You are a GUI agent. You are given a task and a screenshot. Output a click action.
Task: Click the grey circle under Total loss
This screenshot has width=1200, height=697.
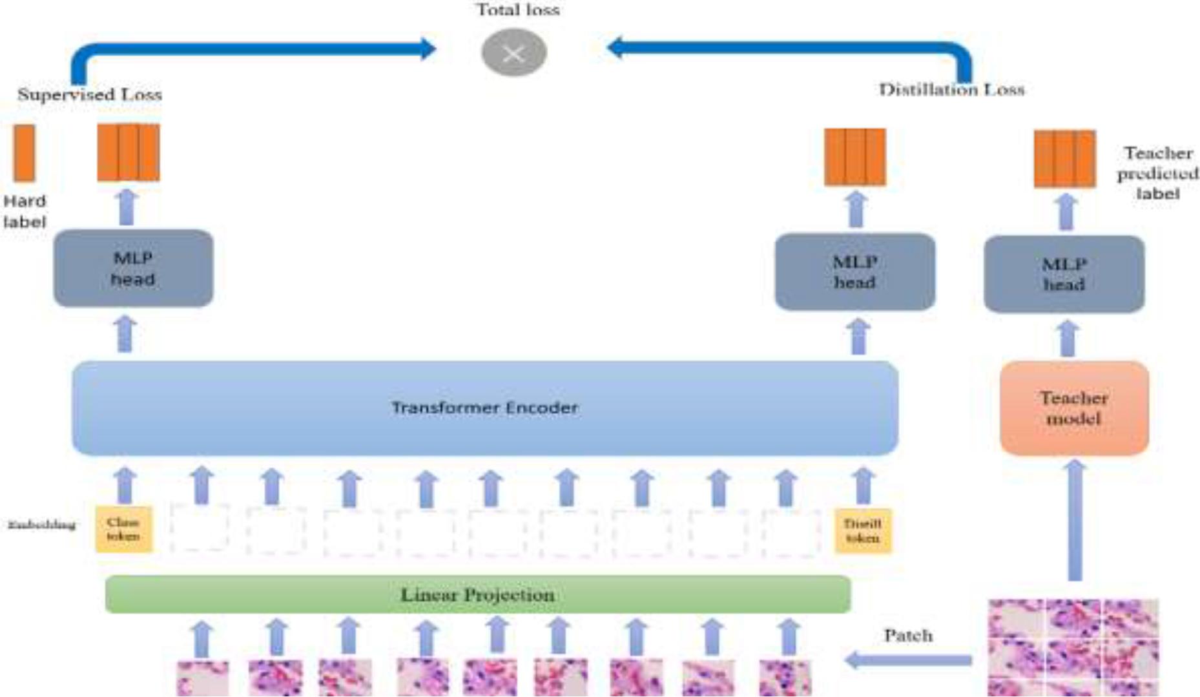pyautogui.click(x=514, y=53)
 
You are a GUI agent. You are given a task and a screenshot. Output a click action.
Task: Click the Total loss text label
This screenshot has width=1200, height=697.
pyautogui.click(x=517, y=10)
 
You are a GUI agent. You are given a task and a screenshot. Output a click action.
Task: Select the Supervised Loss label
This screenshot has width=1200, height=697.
pyautogui.click(x=90, y=94)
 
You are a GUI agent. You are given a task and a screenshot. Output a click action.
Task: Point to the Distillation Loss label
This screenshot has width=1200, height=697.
pyautogui.click(x=951, y=90)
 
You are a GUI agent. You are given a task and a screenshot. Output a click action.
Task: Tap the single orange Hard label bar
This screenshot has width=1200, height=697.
pyautogui.click(x=25, y=153)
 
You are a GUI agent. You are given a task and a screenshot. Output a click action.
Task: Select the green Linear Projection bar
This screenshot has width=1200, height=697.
pyautogui.click(x=477, y=594)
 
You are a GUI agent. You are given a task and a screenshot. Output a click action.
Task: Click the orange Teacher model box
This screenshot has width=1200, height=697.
pyautogui.click(x=1073, y=408)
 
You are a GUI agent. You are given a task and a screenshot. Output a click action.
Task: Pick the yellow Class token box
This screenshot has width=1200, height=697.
pyautogui.click(x=123, y=530)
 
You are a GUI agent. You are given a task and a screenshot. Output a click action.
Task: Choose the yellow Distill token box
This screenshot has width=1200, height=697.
pyautogui.click(x=862, y=531)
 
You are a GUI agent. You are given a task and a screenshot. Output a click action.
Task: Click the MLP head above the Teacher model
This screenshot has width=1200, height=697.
pyautogui.click(x=1064, y=274)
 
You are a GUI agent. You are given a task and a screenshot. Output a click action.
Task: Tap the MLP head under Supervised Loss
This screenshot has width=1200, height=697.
pyautogui.click(x=133, y=268)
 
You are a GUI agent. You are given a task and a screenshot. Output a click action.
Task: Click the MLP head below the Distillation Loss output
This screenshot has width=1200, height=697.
pyautogui.click(x=854, y=272)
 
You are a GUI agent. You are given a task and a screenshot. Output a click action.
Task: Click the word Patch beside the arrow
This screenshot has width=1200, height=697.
pyautogui.click(x=908, y=636)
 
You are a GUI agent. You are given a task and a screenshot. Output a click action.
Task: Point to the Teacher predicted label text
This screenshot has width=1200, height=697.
pyautogui.click(x=1157, y=173)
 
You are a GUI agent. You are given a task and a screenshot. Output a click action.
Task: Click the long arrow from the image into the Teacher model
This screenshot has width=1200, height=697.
pyautogui.click(x=1075, y=520)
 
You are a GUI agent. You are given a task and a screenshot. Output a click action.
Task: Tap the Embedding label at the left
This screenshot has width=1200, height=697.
pyautogui.click(x=42, y=525)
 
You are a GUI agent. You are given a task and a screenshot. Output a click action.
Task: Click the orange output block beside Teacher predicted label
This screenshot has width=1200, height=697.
pyautogui.click(x=1064, y=159)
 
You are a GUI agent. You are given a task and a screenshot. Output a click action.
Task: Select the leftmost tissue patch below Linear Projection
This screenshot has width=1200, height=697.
pyautogui.click(x=202, y=678)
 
